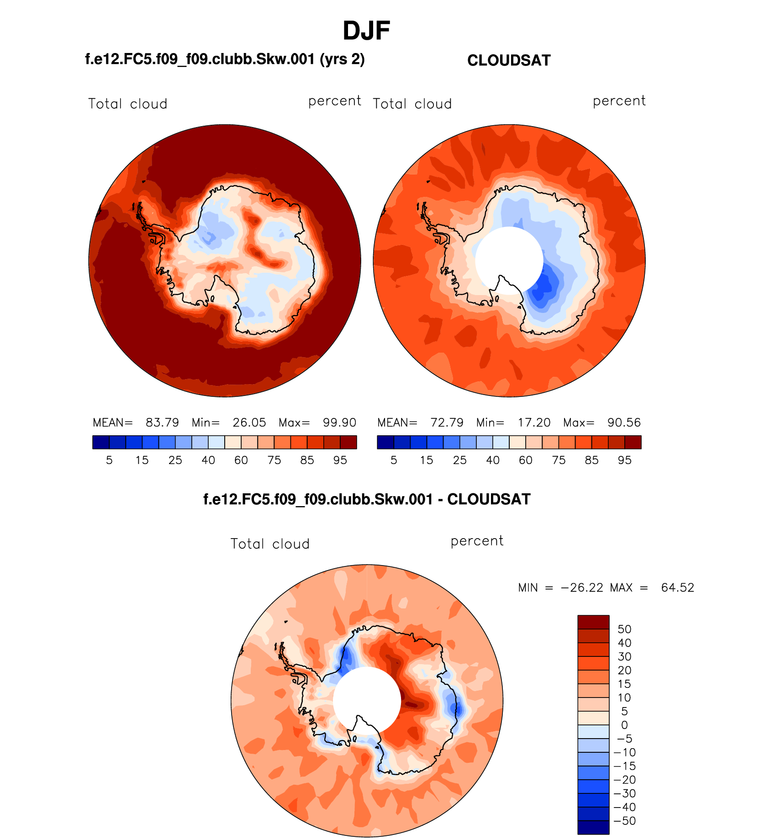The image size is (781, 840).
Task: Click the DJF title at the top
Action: point(366,31)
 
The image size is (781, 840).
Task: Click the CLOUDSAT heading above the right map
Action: point(509,60)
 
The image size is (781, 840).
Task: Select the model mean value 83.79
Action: point(162,423)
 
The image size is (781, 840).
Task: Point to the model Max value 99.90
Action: point(339,423)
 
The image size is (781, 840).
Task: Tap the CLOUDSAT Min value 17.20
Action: point(534,423)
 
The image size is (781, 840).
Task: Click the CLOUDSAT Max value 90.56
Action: point(624,423)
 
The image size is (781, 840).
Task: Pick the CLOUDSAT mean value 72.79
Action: point(447,423)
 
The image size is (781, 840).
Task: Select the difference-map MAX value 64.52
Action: point(677,587)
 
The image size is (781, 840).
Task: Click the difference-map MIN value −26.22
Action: point(582,587)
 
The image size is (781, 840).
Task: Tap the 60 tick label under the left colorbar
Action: point(241,460)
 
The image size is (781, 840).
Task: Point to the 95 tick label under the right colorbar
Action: point(624,460)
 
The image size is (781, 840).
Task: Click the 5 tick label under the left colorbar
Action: point(109,460)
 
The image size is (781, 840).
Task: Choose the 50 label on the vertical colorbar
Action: point(624,629)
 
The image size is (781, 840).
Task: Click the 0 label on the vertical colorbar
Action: point(624,725)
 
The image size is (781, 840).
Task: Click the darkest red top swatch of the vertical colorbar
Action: point(593,622)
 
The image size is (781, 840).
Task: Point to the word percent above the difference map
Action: point(477,541)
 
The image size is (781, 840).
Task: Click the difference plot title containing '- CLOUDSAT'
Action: point(367,499)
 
